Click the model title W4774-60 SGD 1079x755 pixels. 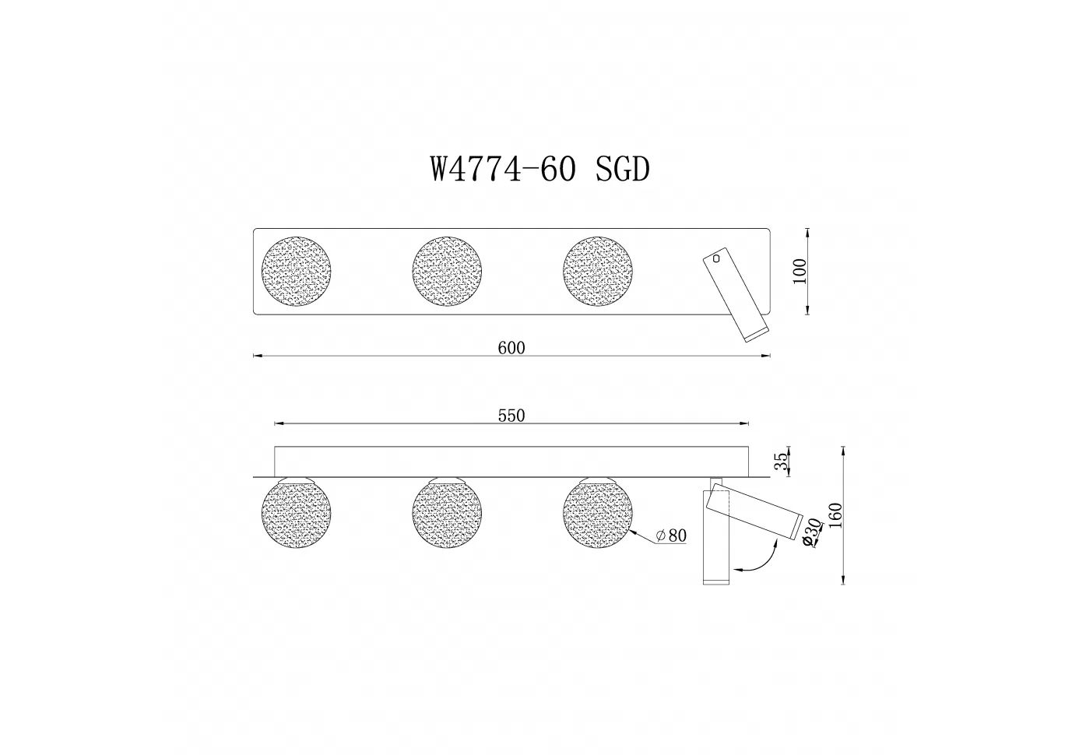(540, 170)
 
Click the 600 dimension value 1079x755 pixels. (511, 348)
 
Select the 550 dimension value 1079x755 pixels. (511, 416)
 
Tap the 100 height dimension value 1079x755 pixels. (800, 271)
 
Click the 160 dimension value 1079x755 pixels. (837, 515)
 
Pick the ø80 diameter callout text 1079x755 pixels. (672, 536)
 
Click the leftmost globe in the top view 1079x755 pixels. (297, 271)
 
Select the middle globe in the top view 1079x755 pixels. (447, 271)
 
